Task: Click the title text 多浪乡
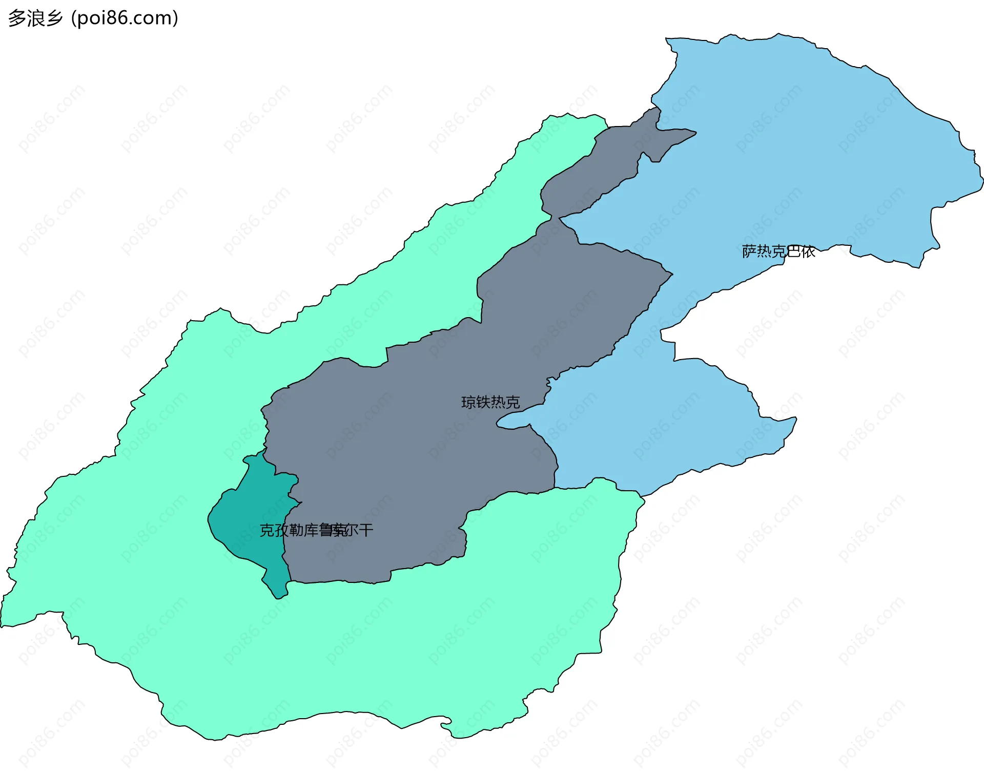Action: coord(35,18)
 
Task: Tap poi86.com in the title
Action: coord(125,18)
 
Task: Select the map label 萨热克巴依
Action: coord(778,252)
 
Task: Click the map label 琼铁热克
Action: coord(490,403)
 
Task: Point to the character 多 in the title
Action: coord(17,18)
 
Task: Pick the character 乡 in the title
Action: coord(54,18)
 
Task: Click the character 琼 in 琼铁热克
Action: coord(468,403)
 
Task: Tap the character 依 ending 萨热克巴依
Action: coord(808,252)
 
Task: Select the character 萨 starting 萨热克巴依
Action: coord(749,252)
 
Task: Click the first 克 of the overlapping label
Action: coord(267,531)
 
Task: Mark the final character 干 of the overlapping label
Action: coord(366,531)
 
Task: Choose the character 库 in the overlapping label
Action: coord(312,531)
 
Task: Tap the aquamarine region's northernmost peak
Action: coord(574,123)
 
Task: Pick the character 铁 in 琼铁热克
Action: coord(483,403)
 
